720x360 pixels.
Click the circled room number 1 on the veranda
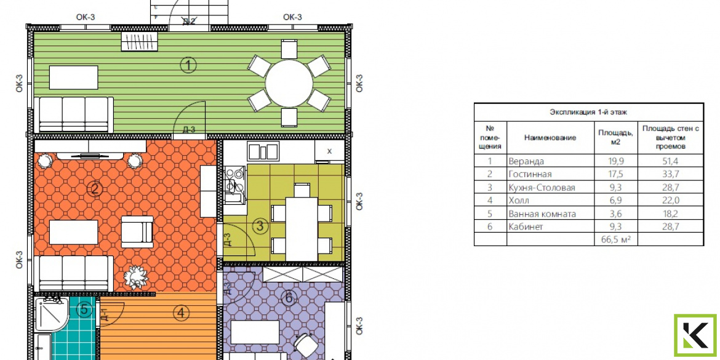pyautogui.click(x=188, y=65)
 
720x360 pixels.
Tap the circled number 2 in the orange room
pyautogui.click(x=95, y=189)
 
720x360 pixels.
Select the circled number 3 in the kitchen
pyautogui.click(x=260, y=226)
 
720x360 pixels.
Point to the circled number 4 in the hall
pyautogui.click(x=182, y=314)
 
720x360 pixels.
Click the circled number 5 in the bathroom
pyautogui.click(x=84, y=310)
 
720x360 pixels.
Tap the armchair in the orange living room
pyautogui.click(x=137, y=231)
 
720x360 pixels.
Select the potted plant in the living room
pyautogui.click(x=135, y=276)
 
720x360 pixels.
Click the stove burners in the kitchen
pyautogui.click(x=234, y=175)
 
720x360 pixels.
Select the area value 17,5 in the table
pyautogui.click(x=616, y=174)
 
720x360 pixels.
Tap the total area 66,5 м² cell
pyautogui.click(x=616, y=239)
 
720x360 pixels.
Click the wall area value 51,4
pyautogui.click(x=670, y=161)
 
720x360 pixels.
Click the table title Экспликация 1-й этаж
pyautogui.click(x=588, y=111)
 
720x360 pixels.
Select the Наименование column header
pyautogui.click(x=550, y=137)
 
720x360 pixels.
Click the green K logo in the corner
pyautogui.click(x=695, y=335)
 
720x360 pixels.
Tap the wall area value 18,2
pyautogui.click(x=670, y=214)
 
